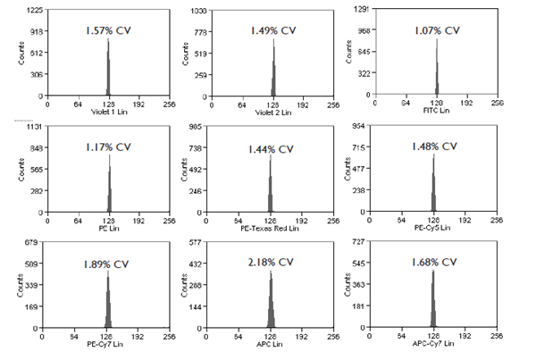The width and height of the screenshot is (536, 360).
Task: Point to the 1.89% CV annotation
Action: pos(109,263)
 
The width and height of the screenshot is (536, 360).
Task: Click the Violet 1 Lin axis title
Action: pos(109,113)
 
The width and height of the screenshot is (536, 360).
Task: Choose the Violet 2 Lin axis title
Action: pos(272,113)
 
